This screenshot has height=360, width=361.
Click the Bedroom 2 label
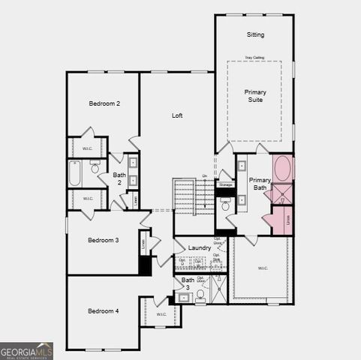tap(104, 103)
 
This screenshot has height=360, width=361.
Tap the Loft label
tap(177, 115)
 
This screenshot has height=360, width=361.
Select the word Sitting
tap(255, 34)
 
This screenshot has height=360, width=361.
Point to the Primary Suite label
tap(255, 95)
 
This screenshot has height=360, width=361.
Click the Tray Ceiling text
tap(254, 57)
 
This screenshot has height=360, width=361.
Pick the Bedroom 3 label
tap(103, 240)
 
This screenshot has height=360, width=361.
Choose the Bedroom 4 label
tap(103, 310)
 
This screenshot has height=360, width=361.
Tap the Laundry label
tap(200, 247)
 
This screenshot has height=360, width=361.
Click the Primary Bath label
tap(260, 184)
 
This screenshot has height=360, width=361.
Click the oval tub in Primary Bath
tap(284, 168)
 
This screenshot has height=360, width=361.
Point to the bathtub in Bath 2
tap(74, 174)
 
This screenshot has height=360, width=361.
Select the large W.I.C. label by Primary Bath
tap(263, 268)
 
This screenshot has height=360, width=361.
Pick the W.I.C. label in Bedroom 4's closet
tap(161, 314)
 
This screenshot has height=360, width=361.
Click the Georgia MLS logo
tap(26, 351)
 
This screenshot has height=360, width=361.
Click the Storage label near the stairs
tap(225, 184)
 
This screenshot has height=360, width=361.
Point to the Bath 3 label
tap(187, 283)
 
